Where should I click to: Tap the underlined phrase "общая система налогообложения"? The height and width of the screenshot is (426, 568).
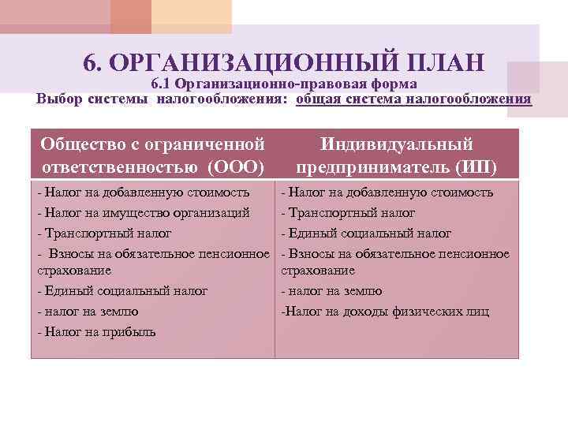413,99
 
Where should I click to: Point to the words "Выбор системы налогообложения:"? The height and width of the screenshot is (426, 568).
163,99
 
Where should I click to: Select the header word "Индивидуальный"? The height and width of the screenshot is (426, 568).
397,145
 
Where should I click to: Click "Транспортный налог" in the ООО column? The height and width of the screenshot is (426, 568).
108,233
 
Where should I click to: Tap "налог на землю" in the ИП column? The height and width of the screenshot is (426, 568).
335,291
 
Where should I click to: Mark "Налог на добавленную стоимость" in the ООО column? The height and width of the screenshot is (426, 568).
148,192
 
